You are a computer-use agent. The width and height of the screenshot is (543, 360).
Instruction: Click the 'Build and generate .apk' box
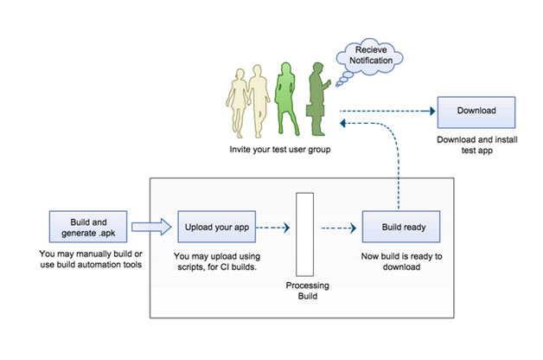pyautogui.click(x=88, y=227)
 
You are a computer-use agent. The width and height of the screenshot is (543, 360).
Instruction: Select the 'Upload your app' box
pyautogui.click(x=217, y=227)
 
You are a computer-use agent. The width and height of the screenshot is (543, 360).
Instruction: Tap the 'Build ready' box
pyautogui.click(x=401, y=227)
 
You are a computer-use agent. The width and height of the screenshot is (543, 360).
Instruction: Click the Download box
pyautogui.click(x=476, y=112)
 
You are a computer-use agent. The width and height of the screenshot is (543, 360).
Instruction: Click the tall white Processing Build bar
pyautogui.click(x=304, y=235)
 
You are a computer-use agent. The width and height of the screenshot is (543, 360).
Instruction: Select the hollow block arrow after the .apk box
pyautogui.click(x=151, y=227)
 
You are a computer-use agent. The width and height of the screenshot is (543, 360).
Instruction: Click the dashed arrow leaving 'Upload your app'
pyautogui.click(x=273, y=228)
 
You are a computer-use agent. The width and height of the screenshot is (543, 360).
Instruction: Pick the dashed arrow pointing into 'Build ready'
pyautogui.click(x=339, y=228)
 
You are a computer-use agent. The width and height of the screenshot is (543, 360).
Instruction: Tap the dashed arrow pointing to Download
pyautogui.click(x=387, y=111)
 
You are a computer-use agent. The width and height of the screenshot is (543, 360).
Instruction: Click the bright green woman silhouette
pyautogui.click(x=286, y=99)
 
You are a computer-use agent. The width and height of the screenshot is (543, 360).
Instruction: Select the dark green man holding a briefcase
pyautogui.click(x=318, y=100)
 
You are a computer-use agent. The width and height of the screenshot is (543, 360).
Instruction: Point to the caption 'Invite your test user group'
pyautogui.click(x=280, y=150)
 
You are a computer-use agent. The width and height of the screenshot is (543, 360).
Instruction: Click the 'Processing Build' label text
pyautogui.click(x=308, y=291)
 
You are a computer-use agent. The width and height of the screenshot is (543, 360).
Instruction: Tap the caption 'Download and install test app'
pyautogui.click(x=477, y=145)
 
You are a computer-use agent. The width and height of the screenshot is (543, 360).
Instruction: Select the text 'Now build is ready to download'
pyautogui.click(x=401, y=261)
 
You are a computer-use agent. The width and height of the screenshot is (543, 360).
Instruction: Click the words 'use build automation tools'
pyautogui.click(x=91, y=265)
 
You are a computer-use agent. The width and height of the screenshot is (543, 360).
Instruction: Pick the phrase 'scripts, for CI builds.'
pyautogui.click(x=217, y=267)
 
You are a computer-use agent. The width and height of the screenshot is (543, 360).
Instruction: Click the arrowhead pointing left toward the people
pyautogui.click(x=342, y=123)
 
